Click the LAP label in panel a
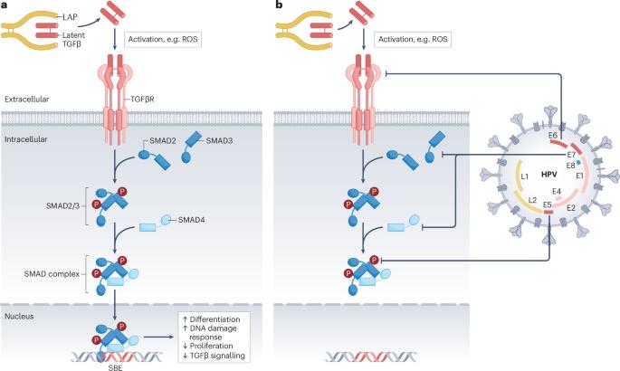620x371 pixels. (x=70, y=17)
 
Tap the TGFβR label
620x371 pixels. (x=142, y=100)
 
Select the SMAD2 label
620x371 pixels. (x=163, y=140)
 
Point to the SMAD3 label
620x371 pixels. (x=219, y=140)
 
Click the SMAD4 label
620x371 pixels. (x=191, y=220)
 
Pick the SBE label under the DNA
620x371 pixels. (x=115, y=367)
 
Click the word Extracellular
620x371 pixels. (x=27, y=100)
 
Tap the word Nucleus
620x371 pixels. (x=19, y=317)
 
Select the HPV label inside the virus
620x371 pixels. (x=548, y=174)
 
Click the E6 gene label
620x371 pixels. (x=553, y=136)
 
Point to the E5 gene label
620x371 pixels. (x=548, y=205)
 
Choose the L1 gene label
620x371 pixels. (x=525, y=176)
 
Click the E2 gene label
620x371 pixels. (x=571, y=208)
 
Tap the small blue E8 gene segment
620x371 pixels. (x=579, y=162)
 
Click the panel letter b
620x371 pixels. (x=280, y=5)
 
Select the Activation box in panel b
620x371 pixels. (x=413, y=39)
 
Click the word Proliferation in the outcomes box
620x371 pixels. (x=212, y=346)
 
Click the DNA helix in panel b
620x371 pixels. (x=371, y=357)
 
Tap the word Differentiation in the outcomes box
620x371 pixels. (x=215, y=319)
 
